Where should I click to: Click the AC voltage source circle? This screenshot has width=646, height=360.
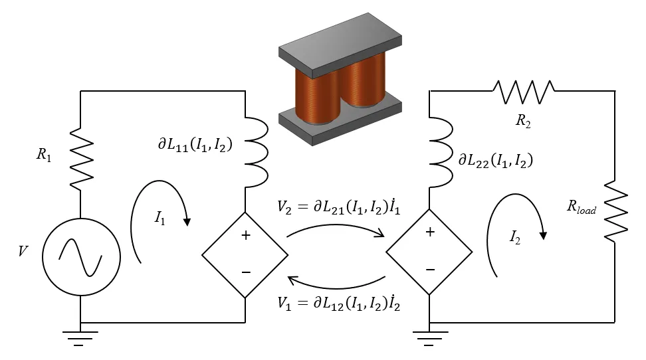(80, 256)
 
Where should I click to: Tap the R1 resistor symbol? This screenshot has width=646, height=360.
(80, 157)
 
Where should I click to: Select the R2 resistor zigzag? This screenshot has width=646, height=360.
(522, 92)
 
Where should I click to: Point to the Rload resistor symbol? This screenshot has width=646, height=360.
(615, 209)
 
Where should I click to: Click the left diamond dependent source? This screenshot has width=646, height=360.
(245, 254)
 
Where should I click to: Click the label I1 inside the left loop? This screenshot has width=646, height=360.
(160, 217)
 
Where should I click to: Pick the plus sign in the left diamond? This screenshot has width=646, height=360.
(245, 234)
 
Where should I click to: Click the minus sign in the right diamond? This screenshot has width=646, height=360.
(429, 270)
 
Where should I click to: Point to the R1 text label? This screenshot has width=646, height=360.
(44, 157)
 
